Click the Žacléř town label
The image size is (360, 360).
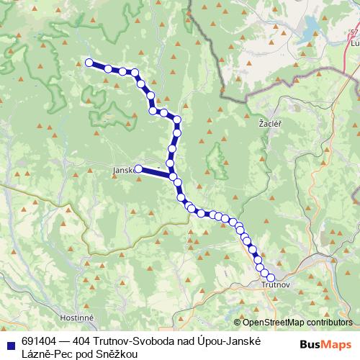270,124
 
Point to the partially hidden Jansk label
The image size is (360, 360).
123,171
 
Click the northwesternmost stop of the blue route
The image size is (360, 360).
90,63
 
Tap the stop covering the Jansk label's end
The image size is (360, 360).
138,169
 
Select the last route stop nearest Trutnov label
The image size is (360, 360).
271,277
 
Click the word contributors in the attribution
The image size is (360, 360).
332,322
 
